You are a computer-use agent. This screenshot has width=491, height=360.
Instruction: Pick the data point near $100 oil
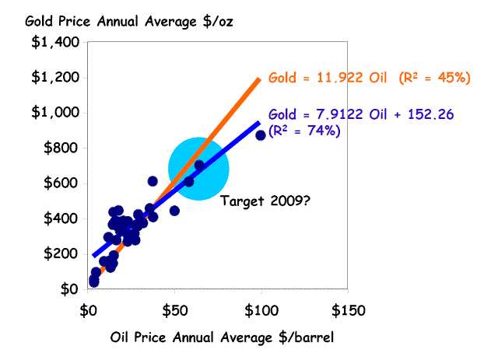point(261,135)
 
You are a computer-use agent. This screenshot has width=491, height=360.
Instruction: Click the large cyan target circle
point(198,169)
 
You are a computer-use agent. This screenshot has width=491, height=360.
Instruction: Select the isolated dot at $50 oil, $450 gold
point(174,211)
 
